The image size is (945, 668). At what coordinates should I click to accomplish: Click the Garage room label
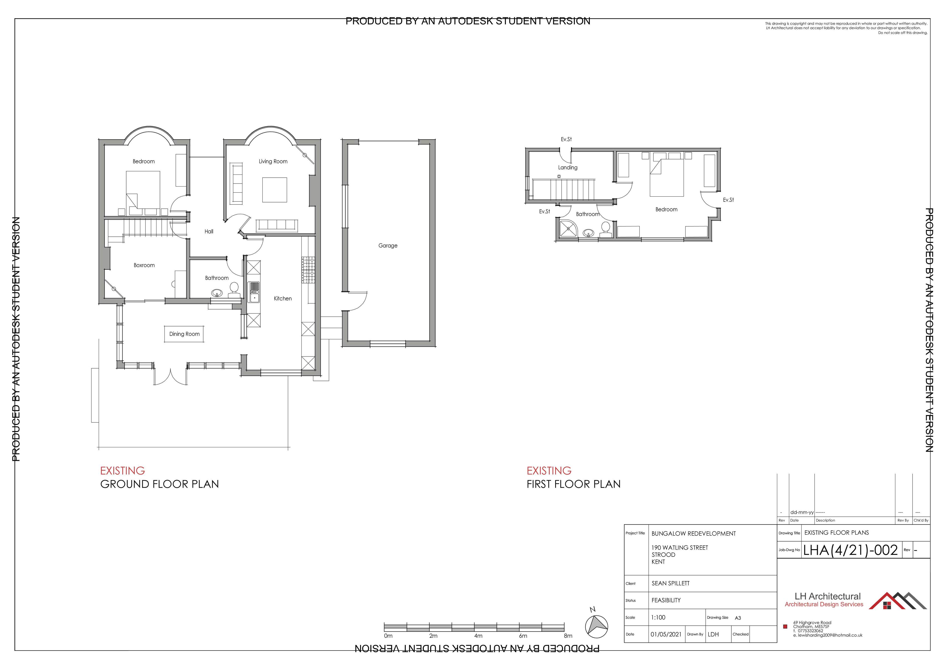[x=388, y=246]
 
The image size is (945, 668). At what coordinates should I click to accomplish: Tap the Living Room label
[x=273, y=161]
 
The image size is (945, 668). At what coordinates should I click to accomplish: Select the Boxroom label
[x=144, y=265]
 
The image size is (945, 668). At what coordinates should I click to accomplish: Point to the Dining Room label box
[x=184, y=334]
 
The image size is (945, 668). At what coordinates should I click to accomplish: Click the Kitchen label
[x=283, y=298]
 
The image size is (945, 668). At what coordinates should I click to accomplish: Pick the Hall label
[x=209, y=231]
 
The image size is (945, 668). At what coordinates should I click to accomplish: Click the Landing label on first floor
[x=567, y=168]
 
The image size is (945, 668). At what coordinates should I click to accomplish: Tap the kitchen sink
[x=254, y=292]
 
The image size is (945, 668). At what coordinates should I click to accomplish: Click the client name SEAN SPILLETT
[x=670, y=583]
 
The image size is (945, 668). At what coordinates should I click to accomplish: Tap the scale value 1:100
[x=658, y=617]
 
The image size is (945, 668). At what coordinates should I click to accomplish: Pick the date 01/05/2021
[x=666, y=634]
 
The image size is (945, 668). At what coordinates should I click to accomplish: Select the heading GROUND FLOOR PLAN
[x=160, y=484]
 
